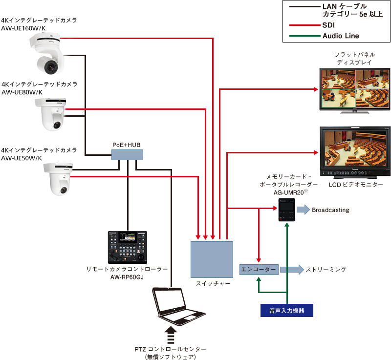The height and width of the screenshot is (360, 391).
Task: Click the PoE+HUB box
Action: [127, 155]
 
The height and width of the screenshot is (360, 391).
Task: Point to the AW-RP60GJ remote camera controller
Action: [127, 247]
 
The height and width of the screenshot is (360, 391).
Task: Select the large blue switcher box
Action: [211, 259]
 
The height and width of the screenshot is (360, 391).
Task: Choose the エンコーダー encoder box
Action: [259, 270]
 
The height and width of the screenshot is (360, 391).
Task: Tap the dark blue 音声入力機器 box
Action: [287, 310]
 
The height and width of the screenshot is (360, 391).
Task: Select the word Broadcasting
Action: [330, 210]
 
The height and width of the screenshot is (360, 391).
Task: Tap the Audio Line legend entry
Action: [340, 36]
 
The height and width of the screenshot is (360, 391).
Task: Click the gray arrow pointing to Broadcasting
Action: [303, 210]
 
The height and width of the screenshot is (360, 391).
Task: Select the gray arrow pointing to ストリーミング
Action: [291, 270]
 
